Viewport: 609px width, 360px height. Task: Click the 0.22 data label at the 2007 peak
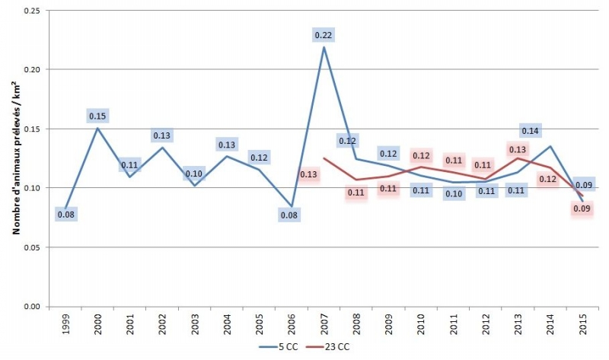point(324,35)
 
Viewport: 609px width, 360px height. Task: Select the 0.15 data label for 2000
point(98,116)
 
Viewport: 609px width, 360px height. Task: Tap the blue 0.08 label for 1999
point(66,215)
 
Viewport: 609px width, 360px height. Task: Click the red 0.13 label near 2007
point(309,175)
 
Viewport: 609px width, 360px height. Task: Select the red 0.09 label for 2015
point(582,209)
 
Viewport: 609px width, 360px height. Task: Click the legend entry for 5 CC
point(269,347)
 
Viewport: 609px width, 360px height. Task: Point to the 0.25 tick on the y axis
point(30,11)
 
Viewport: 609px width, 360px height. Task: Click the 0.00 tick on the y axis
point(30,307)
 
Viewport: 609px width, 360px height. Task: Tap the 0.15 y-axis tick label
point(30,129)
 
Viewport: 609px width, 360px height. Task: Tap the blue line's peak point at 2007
point(323,47)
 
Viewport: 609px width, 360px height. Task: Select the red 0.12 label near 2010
point(421,156)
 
